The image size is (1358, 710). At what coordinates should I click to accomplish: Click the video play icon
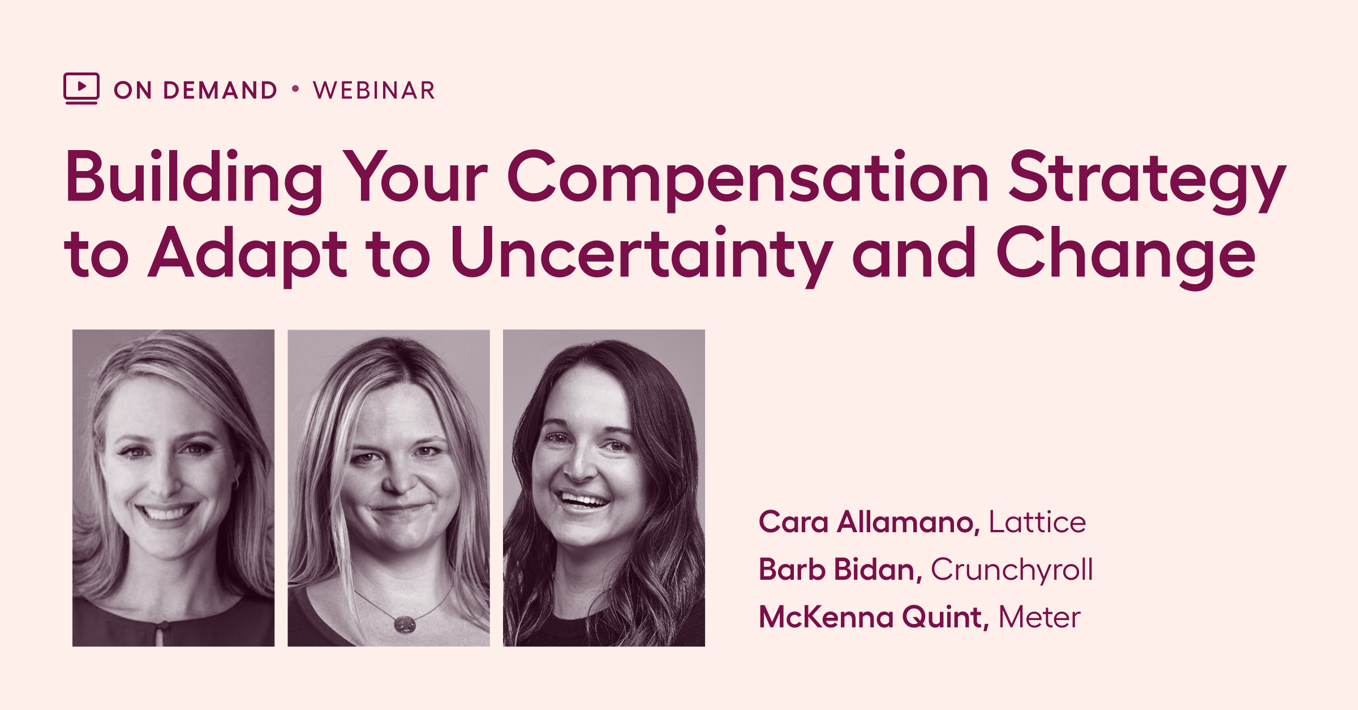[81, 88]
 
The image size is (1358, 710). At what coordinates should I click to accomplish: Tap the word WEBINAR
[374, 91]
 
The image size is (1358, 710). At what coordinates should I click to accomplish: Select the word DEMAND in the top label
[220, 91]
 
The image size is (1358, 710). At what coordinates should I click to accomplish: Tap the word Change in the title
[1125, 255]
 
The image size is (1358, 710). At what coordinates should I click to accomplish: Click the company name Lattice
[1037, 521]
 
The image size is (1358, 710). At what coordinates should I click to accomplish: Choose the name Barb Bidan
[840, 569]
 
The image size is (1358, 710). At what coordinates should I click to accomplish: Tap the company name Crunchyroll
[1012, 570]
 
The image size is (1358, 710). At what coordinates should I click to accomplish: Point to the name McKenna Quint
[874, 617]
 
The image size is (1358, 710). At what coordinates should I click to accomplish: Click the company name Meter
[1039, 617]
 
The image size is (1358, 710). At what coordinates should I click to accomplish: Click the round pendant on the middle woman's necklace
[405, 625]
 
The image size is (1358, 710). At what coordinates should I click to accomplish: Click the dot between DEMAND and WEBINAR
[295, 89]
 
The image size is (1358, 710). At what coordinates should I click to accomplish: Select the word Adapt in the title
[247, 255]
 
